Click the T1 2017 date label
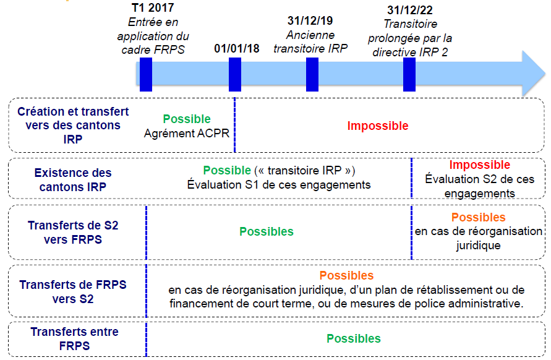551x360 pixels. pos(153,8)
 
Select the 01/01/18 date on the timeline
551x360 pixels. pos(237,48)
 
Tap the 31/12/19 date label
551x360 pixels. pos(311,21)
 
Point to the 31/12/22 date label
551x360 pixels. pos(410,10)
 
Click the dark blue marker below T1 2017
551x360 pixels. pos(146,74)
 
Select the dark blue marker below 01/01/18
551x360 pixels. pos(235,74)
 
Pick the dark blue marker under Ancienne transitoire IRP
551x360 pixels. pos(312,74)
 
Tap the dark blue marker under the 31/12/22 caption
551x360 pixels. pos(409,74)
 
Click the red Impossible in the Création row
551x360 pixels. pos(378,126)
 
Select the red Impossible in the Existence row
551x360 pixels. pos(480,165)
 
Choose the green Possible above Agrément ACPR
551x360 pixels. pos(187,119)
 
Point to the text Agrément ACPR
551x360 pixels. pos(187,133)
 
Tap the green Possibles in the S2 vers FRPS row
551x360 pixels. pos(267,232)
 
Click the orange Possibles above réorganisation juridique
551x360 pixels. pos(478,218)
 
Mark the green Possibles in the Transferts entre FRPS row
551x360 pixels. pos(354,338)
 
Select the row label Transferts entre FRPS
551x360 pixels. pos(75,338)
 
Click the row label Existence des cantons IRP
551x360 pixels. pos(73,180)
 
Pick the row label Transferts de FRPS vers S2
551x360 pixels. pos(73,292)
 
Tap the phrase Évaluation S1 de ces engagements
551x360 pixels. pos(279,184)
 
